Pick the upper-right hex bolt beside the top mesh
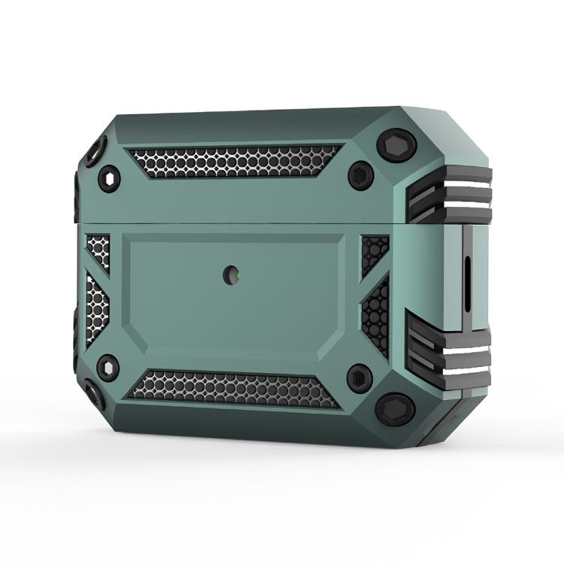(x=361, y=174)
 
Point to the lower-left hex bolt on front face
(x=108, y=368)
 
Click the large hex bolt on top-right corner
(x=399, y=144)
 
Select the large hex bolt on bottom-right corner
(x=396, y=409)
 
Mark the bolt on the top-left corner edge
(x=93, y=153)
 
